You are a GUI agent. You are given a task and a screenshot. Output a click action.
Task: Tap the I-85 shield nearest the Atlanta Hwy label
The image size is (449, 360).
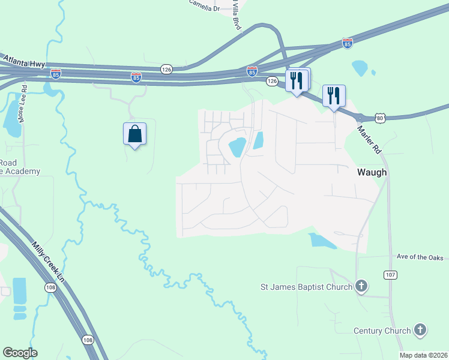tap(56, 74)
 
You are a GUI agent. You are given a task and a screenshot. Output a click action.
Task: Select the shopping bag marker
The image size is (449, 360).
tap(135, 134)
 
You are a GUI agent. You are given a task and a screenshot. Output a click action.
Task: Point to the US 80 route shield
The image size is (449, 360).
tap(380, 118)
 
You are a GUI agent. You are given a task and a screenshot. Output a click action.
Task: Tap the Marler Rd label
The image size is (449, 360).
tap(369, 140)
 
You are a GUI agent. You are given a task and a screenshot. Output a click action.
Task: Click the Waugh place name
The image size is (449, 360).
tap(372, 173)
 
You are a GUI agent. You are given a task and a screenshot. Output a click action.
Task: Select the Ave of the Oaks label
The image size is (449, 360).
tap(420, 257)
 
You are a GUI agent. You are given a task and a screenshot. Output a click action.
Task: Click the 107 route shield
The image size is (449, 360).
tap(390, 274)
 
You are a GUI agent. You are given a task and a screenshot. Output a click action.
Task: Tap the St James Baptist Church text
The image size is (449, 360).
tap(306, 287)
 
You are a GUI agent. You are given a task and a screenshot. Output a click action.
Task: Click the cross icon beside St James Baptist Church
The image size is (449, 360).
tap(361, 286)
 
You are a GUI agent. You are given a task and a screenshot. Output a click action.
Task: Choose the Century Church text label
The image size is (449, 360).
tap(382, 331)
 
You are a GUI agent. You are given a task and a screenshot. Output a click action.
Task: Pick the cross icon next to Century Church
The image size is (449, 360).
tap(420, 329)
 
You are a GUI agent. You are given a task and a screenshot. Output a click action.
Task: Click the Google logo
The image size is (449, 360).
tap(20, 353)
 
